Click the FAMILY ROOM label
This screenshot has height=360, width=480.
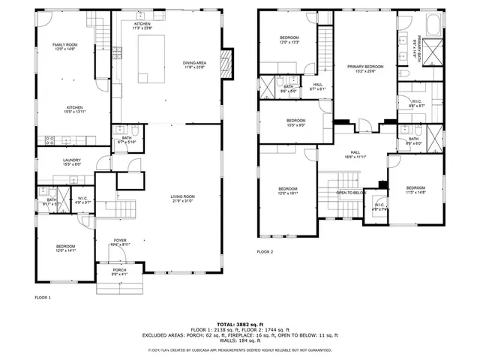(x=65, y=45)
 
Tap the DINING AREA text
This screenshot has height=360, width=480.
(x=194, y=63)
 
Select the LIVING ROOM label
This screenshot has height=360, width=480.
(x=182, y=196)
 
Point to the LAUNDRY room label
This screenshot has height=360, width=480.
(x=71, y=160)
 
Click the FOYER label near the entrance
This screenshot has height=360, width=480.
(x=120, y=240)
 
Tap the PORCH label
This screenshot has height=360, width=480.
(x=119, y=270)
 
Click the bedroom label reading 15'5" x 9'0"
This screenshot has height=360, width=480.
(x=295, y=125)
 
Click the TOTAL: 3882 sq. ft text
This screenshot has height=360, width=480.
(x=239, y=324)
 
